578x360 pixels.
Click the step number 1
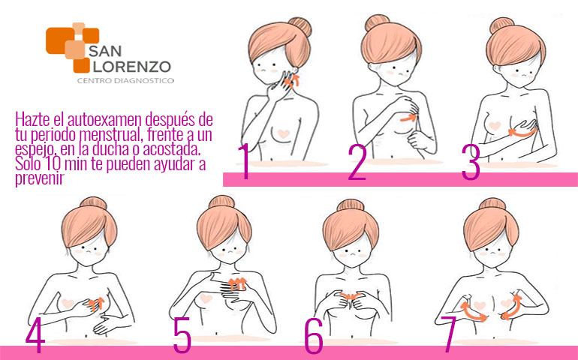pos(244,161)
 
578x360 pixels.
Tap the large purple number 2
pos(357,162)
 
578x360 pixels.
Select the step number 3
pos(471,162)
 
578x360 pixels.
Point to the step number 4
pos(35,335)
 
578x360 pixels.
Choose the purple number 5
pos(182,334)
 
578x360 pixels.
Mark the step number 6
pos(314,335)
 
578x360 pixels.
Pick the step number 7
pos(450,334)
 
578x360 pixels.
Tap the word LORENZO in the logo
pos(130,67)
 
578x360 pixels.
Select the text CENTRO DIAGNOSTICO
pos(125,80)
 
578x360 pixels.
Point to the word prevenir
pos(40,178)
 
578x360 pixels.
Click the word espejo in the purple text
pos(37,150)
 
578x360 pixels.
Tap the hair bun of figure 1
pos(300,26)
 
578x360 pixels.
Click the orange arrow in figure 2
pos(408,118)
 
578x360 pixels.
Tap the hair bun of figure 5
pos(221,202)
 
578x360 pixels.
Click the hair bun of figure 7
pos(492,204)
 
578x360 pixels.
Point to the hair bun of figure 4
pos(93,203)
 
